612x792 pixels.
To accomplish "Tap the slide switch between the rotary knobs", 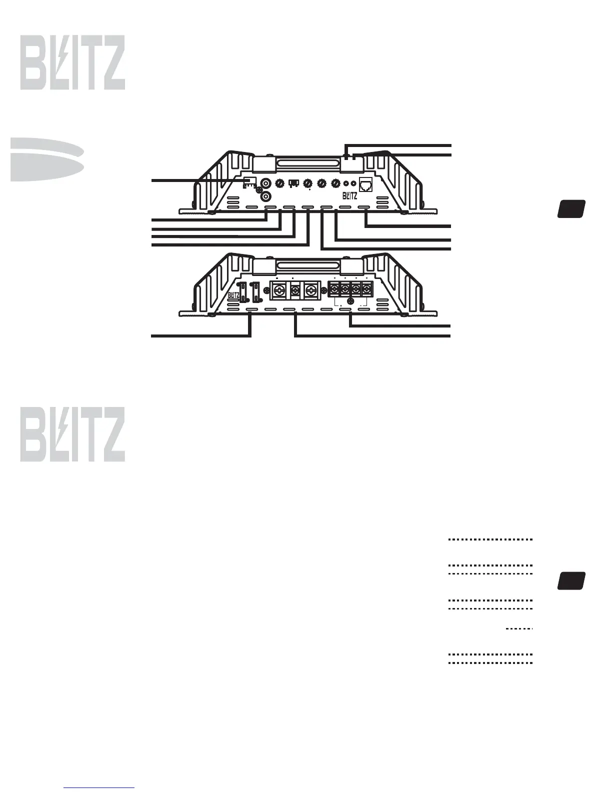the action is click(294, 183).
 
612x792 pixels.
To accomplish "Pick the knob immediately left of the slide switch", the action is click(280, 183).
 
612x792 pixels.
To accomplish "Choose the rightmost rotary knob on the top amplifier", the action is click(335, 183).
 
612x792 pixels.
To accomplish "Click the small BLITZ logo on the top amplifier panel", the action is click(349, 196).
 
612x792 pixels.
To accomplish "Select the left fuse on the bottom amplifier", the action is click(243, 293).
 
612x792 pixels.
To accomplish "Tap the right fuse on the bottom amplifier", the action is click(256, 293).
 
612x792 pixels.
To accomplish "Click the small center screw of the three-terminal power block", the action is click(295, 290).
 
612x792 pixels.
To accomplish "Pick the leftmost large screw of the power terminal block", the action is click(278, 290).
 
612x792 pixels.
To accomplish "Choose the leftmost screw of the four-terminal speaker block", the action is click(333, 289).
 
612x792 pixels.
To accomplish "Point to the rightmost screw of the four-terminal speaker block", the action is click(367, 289).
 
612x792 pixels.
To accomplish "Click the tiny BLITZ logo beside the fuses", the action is click(233, 295).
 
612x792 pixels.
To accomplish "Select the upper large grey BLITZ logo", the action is click(72, 63).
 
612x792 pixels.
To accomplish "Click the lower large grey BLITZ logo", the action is click(72, 434).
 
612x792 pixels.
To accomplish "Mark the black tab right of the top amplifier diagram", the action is click(571, 209).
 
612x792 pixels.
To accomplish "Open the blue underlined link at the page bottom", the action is click(99, 787).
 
